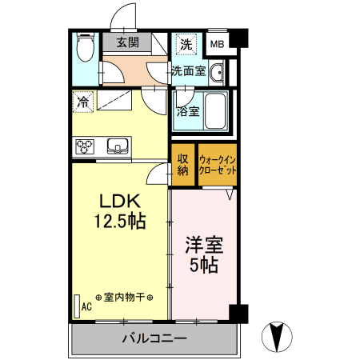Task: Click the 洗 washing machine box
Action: pyautogui.click(x=186, y=42)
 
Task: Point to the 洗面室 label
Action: pyautogui.click(x=188, y=71)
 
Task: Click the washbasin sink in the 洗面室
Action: pyautogui.click(x=217, y=72)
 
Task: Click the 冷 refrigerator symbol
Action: pyautogui.click(x=82, y=102)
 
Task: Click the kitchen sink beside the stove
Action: pyautogui.click(x=118, y=146)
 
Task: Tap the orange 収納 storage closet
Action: pyautogui.click(x=182, y=164)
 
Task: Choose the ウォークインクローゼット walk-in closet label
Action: pyautogui.click(x=218, y=165)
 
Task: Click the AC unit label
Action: pyautogui.click(x=86, y=306)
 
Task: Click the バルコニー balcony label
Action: pyautogui.click(x=154, y=338)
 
